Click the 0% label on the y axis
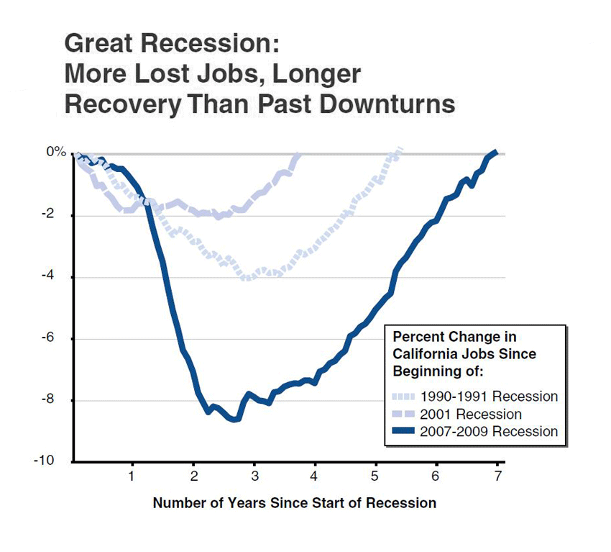pos(57,153)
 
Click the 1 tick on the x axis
pos(132,477)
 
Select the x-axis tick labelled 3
pos(254,477)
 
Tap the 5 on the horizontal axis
pos(375,477)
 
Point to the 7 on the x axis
pos(497,477)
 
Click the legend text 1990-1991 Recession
pos(490,397)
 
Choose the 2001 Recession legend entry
pos(472,414)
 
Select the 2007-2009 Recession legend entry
pos(490,432)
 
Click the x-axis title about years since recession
pos(294,503)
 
